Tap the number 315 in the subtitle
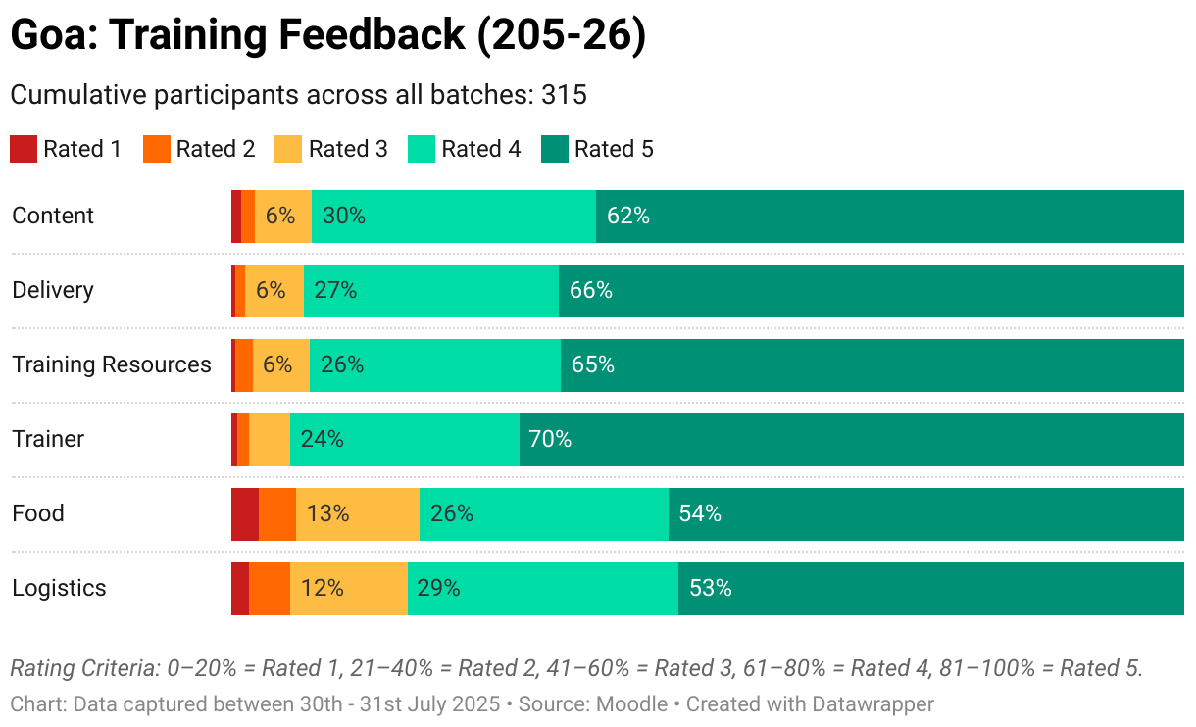pyautogui.click(x=564, y=95)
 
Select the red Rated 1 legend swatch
pyautogui.click(x=24, y=149)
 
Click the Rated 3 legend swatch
pyautogui.click(x=288, y=149)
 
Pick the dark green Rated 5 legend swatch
pyautogui.click(x=554, y=149)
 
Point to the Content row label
pyautogui.click(x=53, y=216)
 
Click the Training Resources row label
pyautogui.click(x=112, y=364)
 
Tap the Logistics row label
pyautogui.click(x=59, y=588)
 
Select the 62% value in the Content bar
pyautogui.click(x=627, y=216)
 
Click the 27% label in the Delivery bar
pyautogui.click(x=335, y=290)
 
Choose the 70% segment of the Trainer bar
pyautogui.click(x=852, y=439)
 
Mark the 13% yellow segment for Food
pyautogui.click(x=358, y=514)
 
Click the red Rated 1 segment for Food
pyautogui.click(x=245, y=514)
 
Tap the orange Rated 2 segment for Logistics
pyautogui.click(x=270, y=588)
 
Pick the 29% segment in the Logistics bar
pyautogui.click(x=543, y=588)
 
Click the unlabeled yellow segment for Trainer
pyautogui.click(x=270, y=439)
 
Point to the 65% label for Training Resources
pyautogui.click(x=593, y=364)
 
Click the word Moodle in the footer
pyautogui.click(x=631, y=704)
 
